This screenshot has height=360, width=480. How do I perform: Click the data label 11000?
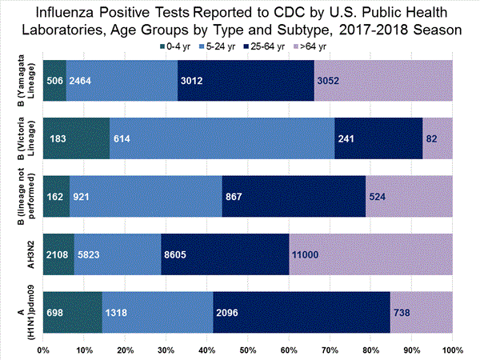309,254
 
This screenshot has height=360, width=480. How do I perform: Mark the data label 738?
403,311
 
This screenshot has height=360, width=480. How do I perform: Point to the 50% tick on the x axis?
247,350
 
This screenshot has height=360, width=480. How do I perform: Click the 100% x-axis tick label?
451,350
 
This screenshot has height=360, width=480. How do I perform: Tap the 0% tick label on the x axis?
43,350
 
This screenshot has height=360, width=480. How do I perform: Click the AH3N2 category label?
22,254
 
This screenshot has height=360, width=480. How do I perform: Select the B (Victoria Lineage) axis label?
22,137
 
